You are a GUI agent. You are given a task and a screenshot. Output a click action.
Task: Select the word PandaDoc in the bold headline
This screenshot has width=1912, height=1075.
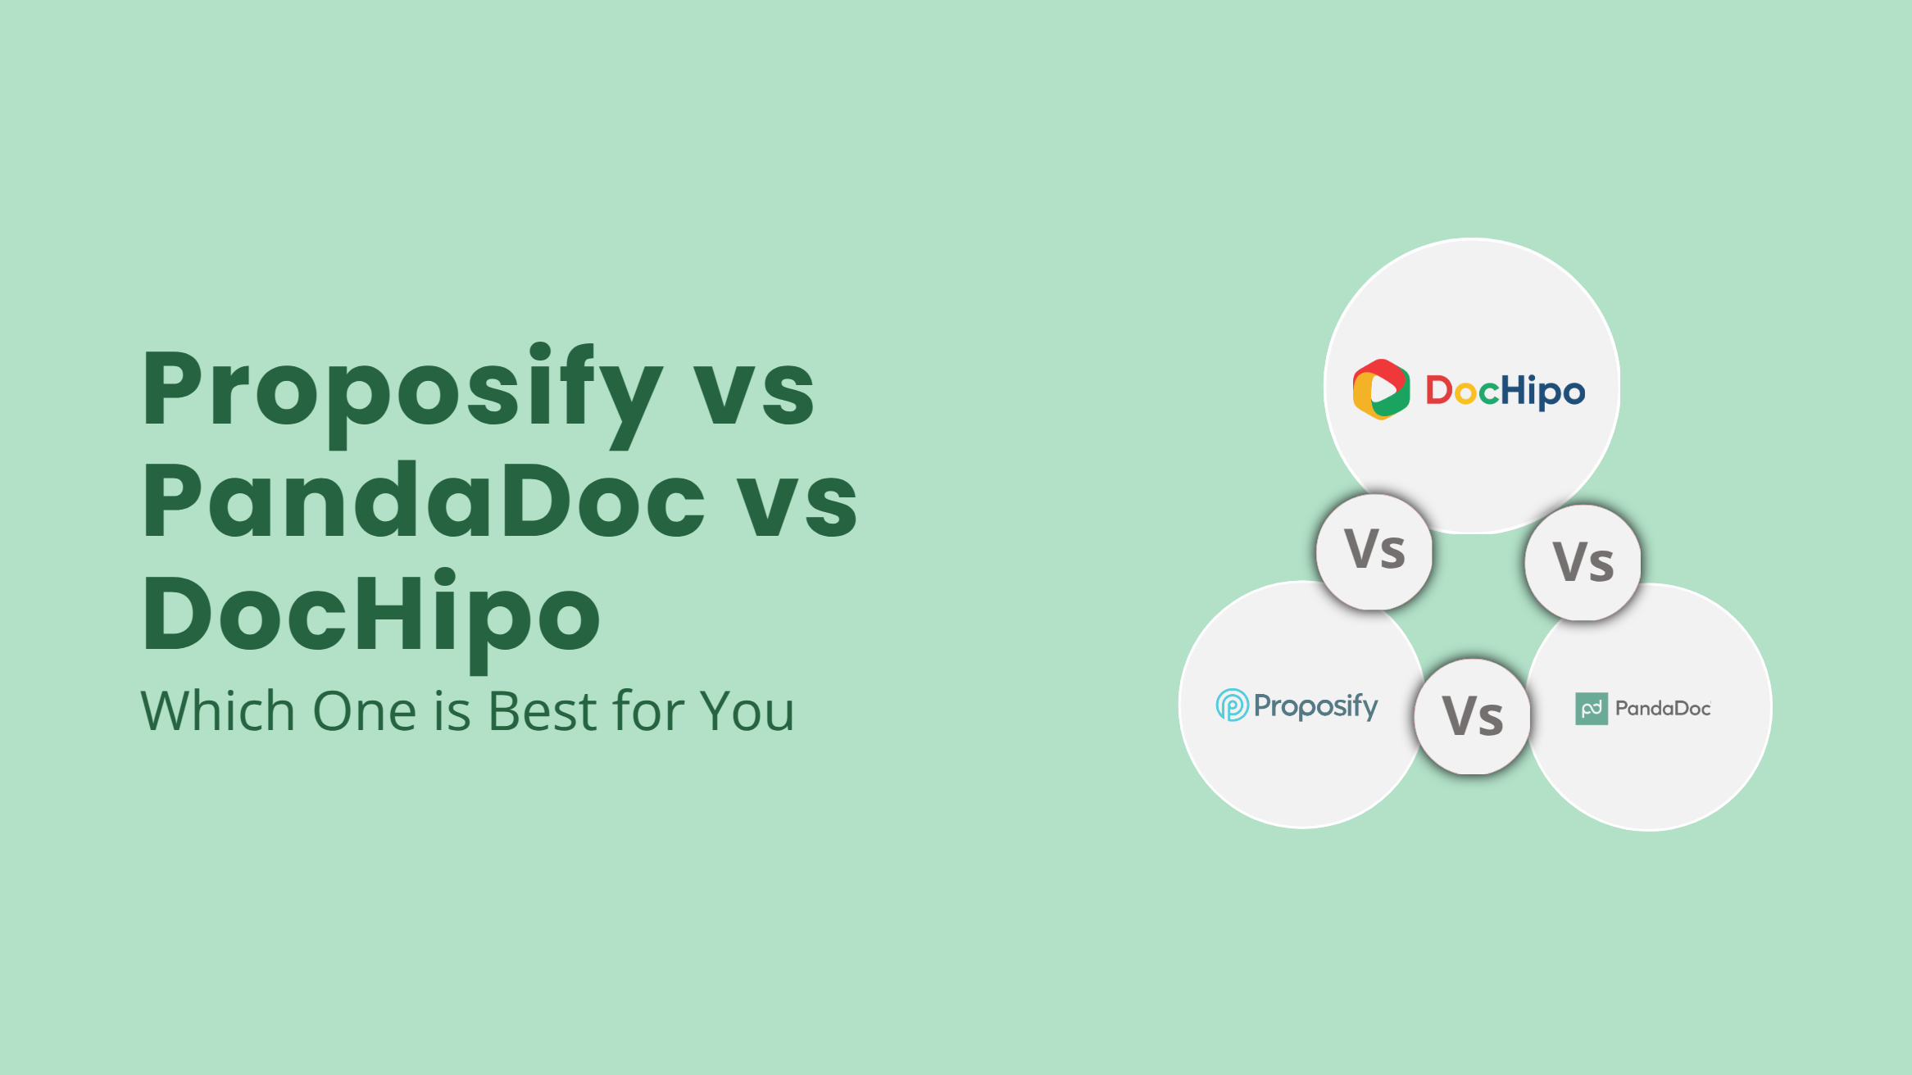(424, 500)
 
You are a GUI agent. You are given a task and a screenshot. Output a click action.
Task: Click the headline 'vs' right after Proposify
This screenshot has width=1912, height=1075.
(754, 397)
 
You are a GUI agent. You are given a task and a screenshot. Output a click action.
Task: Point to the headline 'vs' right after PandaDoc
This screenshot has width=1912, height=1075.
(797, 509)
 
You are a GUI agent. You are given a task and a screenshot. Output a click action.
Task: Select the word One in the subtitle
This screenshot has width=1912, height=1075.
(365, 710)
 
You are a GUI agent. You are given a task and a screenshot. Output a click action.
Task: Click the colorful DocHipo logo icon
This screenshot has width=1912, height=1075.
(1381, 389)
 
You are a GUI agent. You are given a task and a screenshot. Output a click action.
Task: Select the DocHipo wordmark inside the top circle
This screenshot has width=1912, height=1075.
(1506, 391)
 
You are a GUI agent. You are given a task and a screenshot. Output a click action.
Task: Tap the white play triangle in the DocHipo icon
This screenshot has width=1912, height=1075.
(1384, 389)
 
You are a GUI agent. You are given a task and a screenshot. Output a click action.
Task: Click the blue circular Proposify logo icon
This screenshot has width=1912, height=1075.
(1232, 705)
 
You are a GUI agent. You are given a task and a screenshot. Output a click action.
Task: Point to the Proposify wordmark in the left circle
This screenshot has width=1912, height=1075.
(1316, 706)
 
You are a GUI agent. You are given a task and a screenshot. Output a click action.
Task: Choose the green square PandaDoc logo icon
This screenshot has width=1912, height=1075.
(1592, 709)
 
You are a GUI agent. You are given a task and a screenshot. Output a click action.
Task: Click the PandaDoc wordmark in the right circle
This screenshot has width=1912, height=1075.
(1663, 709)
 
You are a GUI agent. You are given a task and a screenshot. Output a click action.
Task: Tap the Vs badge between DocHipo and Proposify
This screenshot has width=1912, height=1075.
(1374, 551)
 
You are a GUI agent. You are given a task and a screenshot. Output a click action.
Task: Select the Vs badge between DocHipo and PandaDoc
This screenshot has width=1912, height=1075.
(1583, 563)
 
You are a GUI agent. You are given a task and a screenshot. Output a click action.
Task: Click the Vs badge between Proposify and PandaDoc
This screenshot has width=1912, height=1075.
(1473, 716)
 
